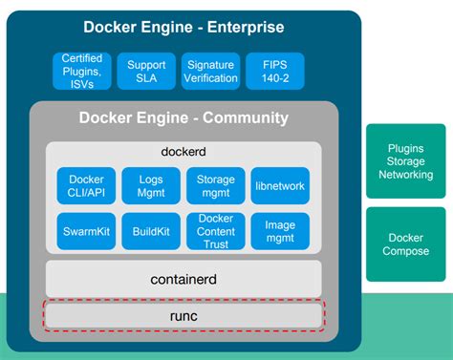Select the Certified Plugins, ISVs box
click(83, 71)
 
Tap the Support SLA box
click(146, 71)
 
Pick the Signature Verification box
click(210, 71)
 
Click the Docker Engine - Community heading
click(183, 118)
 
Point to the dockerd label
click(183, 152)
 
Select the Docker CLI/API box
click(86, 185)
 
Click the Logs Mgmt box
click(150, 185)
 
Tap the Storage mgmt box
click(215, 185)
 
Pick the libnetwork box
click(279, 185)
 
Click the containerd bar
click(183, 279)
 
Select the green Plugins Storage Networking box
click(405, 161)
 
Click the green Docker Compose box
click(405, 244)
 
